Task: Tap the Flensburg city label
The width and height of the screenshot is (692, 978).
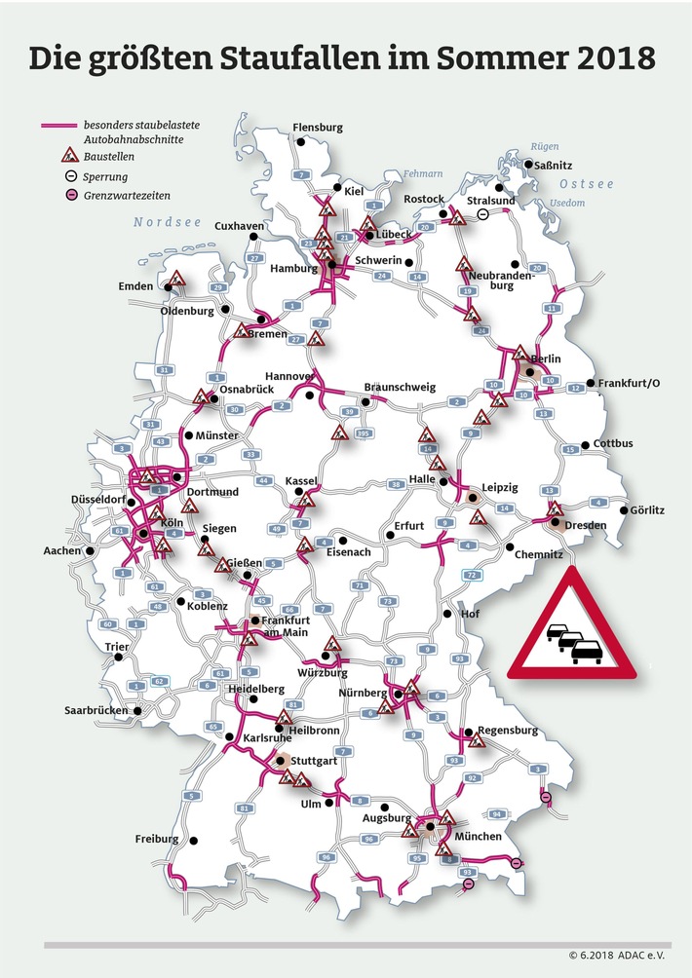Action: [x=318, y=128]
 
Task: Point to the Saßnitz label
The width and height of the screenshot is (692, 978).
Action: [x=557, y=167]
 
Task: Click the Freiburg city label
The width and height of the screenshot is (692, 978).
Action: [x=157, y=839]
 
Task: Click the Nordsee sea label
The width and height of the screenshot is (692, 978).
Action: [x=168, y=223]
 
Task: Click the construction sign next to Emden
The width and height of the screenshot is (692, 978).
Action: [x=176, y=280]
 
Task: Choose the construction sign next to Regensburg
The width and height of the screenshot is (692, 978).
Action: [x=476, y=740]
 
